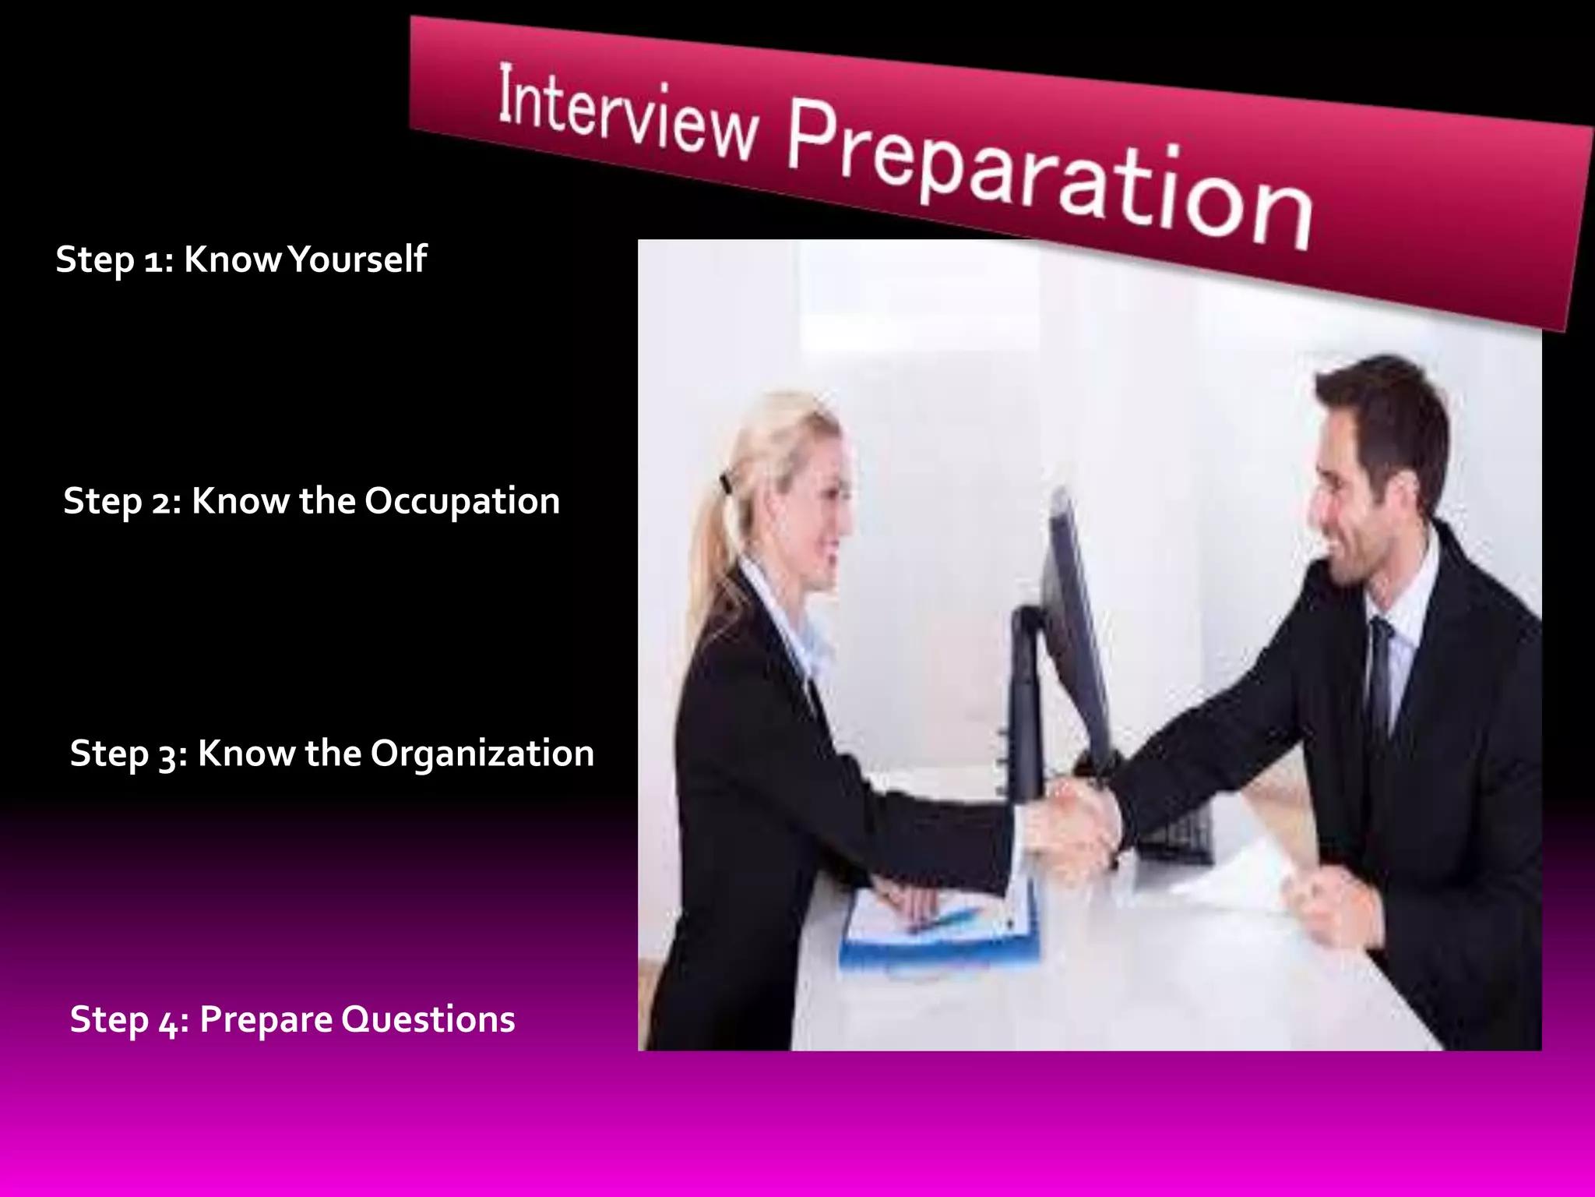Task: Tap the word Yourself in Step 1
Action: (x=357, y=260)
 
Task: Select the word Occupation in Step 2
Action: (x=462, y=501)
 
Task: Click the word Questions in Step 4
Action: (x=428, y=1019)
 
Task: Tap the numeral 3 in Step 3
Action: (x=168, y=756)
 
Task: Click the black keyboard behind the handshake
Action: (x=1176, y=838)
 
